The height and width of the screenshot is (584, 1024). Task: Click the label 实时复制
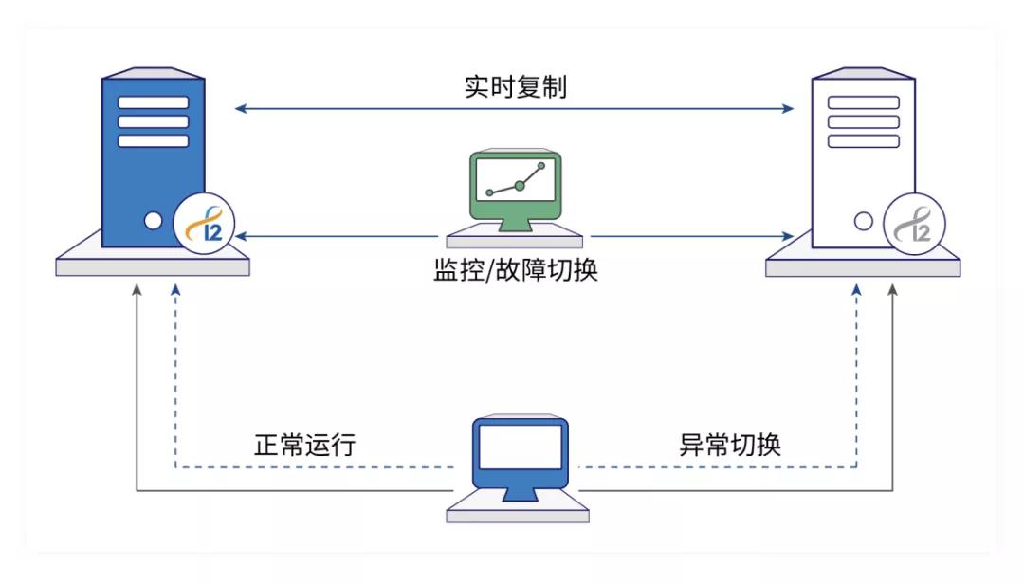point(515,87)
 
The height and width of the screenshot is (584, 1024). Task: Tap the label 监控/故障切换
point(515,271)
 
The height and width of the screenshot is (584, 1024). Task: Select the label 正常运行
point(305,445)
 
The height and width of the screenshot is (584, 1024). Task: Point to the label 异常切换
point(730,445)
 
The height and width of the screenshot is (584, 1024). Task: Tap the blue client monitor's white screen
point(520,447)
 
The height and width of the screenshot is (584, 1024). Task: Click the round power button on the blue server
point(153,222)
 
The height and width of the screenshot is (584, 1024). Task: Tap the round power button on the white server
point(863,222)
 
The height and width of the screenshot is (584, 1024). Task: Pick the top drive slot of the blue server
point(153,102)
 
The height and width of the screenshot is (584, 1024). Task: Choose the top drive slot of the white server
point(863,102)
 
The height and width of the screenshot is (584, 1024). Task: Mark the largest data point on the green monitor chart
point(520,186)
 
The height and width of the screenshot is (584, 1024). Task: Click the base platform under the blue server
point(153,263)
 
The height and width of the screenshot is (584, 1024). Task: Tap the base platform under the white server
point(863,263)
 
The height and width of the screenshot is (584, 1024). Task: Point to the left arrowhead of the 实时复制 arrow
point(241,109)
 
